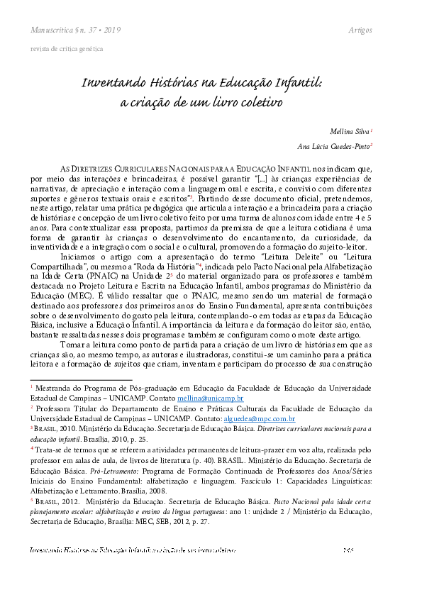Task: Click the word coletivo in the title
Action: (259, 101)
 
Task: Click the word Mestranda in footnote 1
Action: (54, 389)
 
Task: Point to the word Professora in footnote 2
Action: (55, 409)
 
